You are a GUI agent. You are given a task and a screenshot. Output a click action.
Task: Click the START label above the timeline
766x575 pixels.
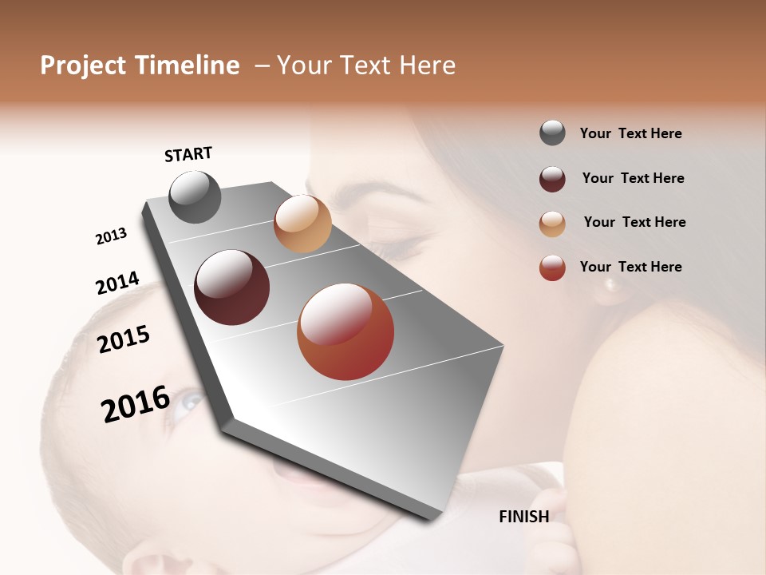[x=188, y=154]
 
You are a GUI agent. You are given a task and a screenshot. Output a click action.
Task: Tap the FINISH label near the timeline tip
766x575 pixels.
[x=523, y=517]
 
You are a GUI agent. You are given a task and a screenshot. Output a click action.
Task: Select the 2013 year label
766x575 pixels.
[x=111, y=236]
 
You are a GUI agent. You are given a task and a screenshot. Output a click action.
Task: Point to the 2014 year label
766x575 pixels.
[x=117, y=284]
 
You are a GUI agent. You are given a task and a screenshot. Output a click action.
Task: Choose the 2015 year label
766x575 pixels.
[x=124, y=339]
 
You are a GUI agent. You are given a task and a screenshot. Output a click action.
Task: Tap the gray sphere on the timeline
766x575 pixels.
[x=195, y=196]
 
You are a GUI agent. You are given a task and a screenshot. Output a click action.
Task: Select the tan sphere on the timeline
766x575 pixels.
[x=302, y=224]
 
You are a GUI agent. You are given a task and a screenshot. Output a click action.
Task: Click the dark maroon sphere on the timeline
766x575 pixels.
[x=232, y=287]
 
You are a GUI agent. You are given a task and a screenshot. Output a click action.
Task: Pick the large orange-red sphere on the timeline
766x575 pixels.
[x=345, y=331]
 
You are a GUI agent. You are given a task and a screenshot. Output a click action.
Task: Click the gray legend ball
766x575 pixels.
[x=552, y=133]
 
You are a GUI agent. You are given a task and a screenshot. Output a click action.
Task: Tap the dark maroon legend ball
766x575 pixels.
[x=552, y=179]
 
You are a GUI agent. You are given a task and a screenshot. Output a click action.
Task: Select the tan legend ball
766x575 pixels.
[x=552, y=224]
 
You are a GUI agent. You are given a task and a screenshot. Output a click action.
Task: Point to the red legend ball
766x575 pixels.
[x=552, y=268]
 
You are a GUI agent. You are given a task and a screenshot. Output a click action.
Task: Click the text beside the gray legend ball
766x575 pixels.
[x=630, y=133]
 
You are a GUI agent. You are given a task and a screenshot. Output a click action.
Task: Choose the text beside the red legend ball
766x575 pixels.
[x=630, y=267]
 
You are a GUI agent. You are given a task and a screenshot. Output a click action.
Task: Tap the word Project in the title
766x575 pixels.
[x=83, y=65]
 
